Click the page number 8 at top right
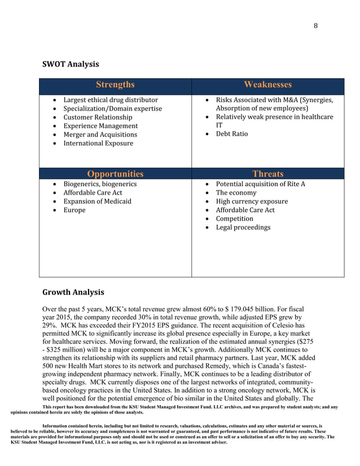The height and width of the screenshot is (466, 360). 315,25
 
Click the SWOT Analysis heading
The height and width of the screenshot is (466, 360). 71,64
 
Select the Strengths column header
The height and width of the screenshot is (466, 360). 115,85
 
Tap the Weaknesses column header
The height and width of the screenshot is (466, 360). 267,85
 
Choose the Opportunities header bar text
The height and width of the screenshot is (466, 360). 115,174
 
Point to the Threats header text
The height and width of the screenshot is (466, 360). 267,174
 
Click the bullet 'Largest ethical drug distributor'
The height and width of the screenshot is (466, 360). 110,100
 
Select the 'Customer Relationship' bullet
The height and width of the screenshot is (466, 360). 98,117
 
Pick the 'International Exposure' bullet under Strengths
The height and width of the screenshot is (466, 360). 98,143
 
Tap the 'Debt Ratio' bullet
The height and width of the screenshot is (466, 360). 232,134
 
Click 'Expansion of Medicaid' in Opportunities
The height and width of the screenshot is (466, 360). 97,201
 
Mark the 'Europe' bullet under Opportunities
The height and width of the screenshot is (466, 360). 74,210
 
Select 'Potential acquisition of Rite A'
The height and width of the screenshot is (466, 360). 260,184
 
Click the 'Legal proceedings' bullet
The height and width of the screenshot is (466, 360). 243,227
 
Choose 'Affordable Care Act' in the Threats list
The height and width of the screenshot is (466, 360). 245,210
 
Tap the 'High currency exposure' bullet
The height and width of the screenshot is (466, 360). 252,201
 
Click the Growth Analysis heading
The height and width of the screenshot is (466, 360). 73,292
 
